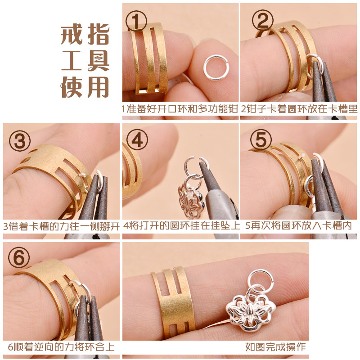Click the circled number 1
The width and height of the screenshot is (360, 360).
pos(136,21)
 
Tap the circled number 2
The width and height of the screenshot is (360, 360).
pos(262,20)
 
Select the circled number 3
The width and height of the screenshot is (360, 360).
pos(20,141)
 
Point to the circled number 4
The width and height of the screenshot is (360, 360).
pos(137,139)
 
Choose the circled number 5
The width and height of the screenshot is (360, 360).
pos(261,139)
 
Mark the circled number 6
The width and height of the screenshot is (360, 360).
pos(19,257)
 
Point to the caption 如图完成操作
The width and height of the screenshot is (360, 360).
pos(275,347)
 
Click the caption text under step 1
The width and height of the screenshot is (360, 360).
pos(180,108)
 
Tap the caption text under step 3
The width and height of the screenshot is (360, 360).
pos(61,226)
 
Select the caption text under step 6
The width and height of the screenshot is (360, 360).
pos(61,347)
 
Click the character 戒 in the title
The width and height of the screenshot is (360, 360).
pos(72,35)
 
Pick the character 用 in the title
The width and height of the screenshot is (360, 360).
pos(98,87)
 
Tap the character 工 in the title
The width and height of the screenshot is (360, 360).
pos(72,61)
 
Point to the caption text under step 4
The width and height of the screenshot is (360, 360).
pos(181,226)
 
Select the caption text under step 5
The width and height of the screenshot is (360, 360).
pos(298,226)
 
